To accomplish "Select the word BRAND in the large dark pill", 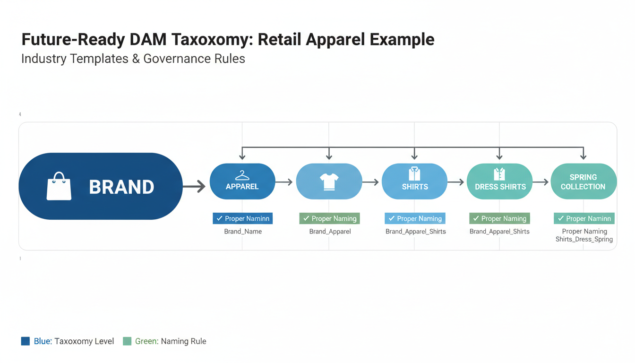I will click(x=121, y=187).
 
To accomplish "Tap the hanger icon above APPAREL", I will click(x=242, y=175).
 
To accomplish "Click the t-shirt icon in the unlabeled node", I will click(x=329, y=181).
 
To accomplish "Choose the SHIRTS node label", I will click(x=415, y=187).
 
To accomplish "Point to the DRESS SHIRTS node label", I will click(x=500, y=187).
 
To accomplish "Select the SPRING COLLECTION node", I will click(x=584, y=181).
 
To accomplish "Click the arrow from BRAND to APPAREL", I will click(x=194, y=187).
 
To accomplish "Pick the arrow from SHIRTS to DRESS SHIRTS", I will click(x=456, y=182).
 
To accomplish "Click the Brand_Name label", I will click(x=243, y=232).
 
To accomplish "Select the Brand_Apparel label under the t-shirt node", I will click(x=330, y=232).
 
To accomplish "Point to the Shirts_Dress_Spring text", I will click(x=584, y=239).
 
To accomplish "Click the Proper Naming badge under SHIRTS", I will click(x=415, y=218).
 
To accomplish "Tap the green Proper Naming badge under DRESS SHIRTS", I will click(x=499, y=218).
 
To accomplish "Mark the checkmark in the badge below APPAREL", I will click(x=219, y=218).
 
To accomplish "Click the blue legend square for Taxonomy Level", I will click(x=26, y=341).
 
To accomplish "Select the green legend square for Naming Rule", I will click(x=127, y=341).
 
